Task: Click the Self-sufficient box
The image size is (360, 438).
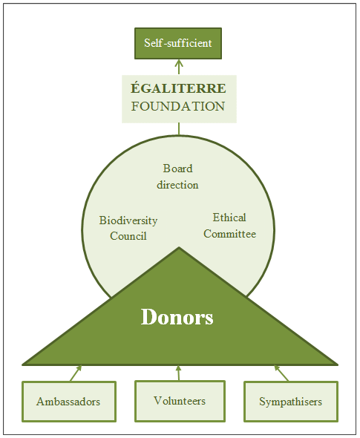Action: tap(178, 43)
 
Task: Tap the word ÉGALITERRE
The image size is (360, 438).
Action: tap(178, 88)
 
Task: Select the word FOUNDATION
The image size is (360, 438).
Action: tap(178, 106)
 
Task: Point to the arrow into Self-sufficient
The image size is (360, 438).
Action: tap(179, 67)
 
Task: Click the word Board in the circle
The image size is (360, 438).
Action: tap(178, 169)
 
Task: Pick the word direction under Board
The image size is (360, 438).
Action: tap(177, 185)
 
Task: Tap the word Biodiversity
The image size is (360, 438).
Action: tap(128, 220)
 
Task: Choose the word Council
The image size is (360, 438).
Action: tap(128, 236)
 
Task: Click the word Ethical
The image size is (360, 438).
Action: tap(229, 218)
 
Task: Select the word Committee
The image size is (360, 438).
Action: tap(229, 234)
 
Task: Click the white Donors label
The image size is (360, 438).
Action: tap(177, 317)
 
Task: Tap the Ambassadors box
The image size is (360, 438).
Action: tap(69, 402)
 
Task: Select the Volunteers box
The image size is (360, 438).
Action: tap(180, 401)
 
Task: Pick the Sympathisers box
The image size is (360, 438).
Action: tap(291, 402)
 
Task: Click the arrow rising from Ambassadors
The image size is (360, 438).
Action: tap(76, 373)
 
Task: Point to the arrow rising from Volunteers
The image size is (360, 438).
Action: tap(178, 373)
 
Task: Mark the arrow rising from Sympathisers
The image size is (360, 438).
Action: tap(281, 373)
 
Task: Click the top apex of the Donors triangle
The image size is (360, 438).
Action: tap(179, 247)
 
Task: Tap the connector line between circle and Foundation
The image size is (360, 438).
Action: tap(179, 129)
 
